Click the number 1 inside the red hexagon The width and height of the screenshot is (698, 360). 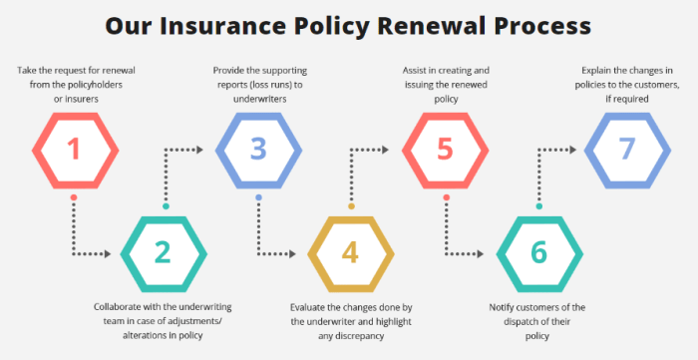(73, 149)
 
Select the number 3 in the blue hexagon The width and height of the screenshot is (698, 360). (258, 149)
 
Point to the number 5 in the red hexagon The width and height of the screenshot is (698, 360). (445, 149)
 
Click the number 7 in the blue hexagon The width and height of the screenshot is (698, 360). (626, 149)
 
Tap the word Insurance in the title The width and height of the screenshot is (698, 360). (217, 24)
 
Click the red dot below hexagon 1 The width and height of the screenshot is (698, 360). (73, 197)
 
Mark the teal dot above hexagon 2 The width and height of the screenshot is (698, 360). (166, 205)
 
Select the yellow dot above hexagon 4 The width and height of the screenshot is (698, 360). (351, 205)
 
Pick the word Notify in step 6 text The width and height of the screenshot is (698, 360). (505, 306)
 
